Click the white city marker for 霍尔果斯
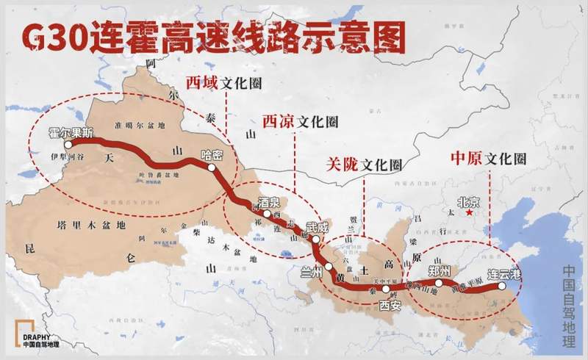pyautogui.click(x=68, y=145)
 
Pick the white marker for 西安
pyautogui.click(x=385, y=289)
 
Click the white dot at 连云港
pyautogui.click(x=503, y=287)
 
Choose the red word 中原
pyautogui.click(x=466, y=157)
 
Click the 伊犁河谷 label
pyautogui.click(x=68, y=157)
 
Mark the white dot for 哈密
pyautogui.click(x=212, y=168)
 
